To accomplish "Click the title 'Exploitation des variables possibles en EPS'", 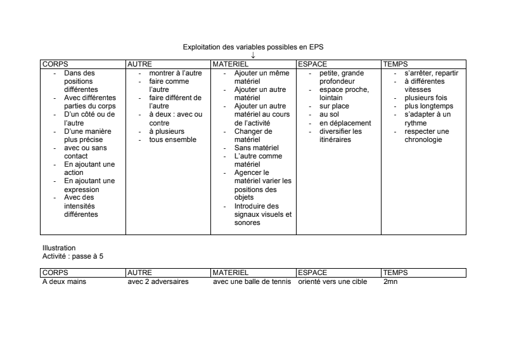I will (253, 48).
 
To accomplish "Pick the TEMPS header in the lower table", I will (395, 273).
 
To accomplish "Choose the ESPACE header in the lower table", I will (312, 273).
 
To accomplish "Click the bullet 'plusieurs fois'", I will (425, 98).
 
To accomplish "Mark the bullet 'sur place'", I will (334, 106).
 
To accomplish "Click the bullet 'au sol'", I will (330, 115).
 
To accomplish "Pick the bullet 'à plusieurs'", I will (167, 131).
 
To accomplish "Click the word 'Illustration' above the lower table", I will (59, 248).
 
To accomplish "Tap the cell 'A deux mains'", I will (63, 281).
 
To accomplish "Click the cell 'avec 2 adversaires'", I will (158, 281).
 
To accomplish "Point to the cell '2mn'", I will (390, 281).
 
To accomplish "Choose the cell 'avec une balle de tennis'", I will (252, 281).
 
